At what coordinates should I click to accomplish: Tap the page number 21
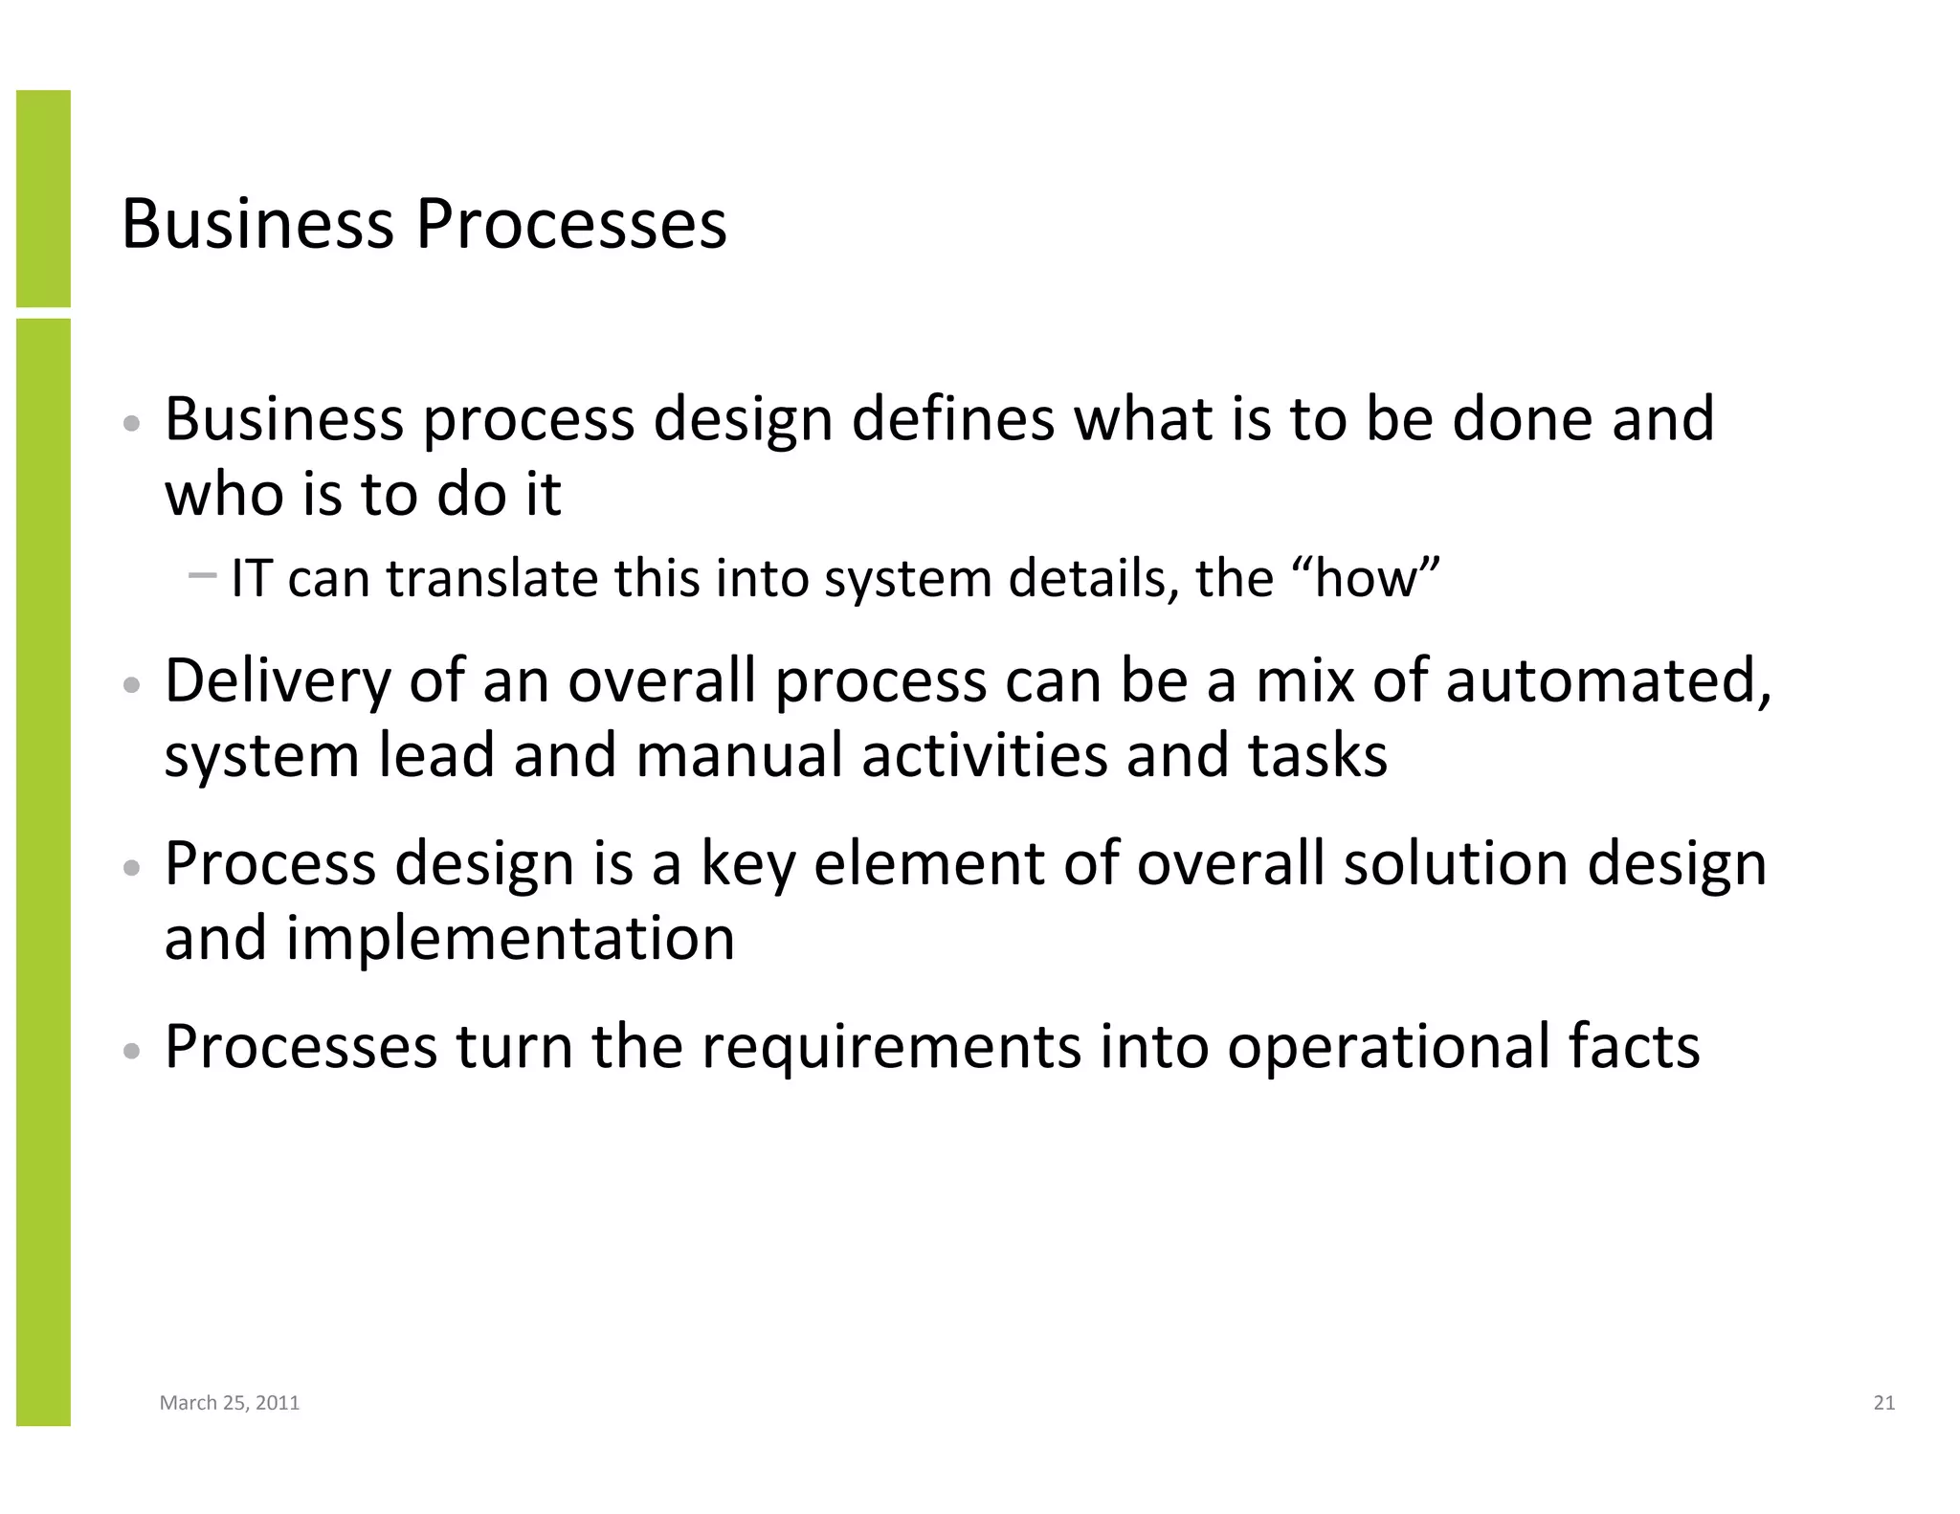(x=1883, y=1403)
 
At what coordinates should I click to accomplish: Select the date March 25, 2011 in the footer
(x=230, y=1403)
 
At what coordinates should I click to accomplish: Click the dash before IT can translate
(x=203, y=575)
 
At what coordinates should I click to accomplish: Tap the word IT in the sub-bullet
(x=251, y=579)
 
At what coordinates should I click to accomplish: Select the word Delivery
(x=278, y=681)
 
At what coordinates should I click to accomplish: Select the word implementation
(x=510, y=939)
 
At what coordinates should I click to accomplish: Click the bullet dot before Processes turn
(x=133, y=1051)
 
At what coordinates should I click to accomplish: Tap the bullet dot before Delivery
(x=133, y=686)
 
